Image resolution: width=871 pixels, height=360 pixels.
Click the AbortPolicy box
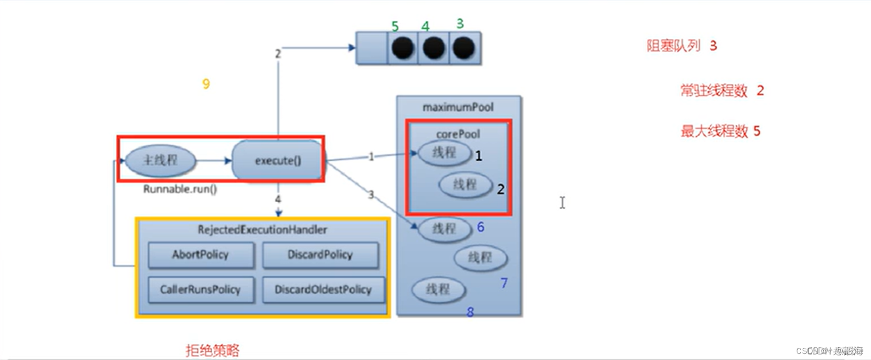pyautogui.click(x=201, y=255)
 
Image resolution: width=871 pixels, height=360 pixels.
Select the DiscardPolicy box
pyautogui.click(x=320, y=255)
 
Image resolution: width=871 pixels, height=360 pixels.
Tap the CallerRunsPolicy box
pyautogui.click(x=201, y=290)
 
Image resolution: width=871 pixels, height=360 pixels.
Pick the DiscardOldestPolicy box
pyautogui.click(x=323, y=290)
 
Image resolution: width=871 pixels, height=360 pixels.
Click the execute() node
pyautogui.click(x=278, y=161)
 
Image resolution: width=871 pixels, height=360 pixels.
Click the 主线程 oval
pyautogui.click(x=160, y=161)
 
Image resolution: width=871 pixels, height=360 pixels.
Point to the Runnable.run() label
pyautogui.click(x=180, y=189)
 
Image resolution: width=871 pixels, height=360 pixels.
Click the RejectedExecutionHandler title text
pyautogui.click(x=262, y=230)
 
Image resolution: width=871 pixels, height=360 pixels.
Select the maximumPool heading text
pyautogui.click(x=458, y=107)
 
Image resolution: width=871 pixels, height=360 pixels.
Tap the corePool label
pyautogui.click(x=458, y=134)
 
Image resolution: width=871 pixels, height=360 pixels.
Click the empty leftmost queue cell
pyautogui.click(x=372, y=48)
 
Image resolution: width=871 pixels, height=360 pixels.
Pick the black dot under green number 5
pyautogui.click(x=403, y=48)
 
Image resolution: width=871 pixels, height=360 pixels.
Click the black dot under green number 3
pyautogui.click(x=464, y=48)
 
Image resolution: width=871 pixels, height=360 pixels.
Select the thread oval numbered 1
pyautogui.click(x=444, y=153)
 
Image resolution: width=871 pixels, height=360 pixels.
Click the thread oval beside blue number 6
pyautogui.click(x=444, y=229)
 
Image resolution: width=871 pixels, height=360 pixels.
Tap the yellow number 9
pyautogui.click(x=206, y=84)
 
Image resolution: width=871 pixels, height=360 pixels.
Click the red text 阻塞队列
pyautogui.click(x=673, y=46)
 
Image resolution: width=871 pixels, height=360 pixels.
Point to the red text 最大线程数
pyautogui.click(x=714, y=131)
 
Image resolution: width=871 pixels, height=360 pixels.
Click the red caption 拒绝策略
pyautogui.click(x=212, y=350)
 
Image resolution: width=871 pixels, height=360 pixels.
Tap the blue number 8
pyautogui.click(x=470, y=312)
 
